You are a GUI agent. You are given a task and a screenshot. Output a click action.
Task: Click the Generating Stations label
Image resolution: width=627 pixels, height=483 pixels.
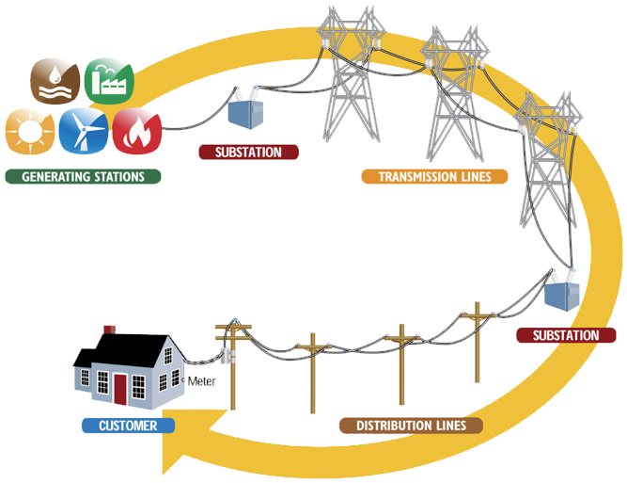(83, 176)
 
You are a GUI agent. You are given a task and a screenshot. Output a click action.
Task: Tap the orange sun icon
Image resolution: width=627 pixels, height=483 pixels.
(27, 131)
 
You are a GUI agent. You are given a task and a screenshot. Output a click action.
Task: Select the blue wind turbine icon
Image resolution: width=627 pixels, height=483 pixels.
(83, 131)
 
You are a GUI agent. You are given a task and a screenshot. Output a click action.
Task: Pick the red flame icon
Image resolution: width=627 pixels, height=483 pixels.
(137, 131)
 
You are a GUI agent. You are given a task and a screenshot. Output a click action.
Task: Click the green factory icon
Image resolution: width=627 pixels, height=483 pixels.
(109, 81)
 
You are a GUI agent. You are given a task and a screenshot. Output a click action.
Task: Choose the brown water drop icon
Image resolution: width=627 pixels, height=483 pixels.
(55, 81)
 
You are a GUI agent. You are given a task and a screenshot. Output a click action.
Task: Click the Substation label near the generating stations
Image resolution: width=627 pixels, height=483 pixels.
(249, 153)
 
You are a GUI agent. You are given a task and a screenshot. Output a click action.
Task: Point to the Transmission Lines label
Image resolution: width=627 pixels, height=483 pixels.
(434, 176)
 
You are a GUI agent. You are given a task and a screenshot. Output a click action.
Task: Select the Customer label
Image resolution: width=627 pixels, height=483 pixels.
(128, 426)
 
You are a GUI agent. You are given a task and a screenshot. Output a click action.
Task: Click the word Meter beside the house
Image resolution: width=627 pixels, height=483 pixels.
(203, 381)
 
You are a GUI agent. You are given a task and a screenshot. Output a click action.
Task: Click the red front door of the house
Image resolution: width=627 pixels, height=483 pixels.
(119, 387)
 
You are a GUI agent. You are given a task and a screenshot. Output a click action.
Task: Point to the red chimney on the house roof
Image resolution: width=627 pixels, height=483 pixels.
(109, 330)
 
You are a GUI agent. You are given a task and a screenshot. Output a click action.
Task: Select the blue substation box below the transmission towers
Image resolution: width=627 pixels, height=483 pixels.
(562, 294)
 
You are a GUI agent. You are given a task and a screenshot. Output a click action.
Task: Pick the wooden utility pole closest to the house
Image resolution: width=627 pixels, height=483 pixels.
(232, 362)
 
